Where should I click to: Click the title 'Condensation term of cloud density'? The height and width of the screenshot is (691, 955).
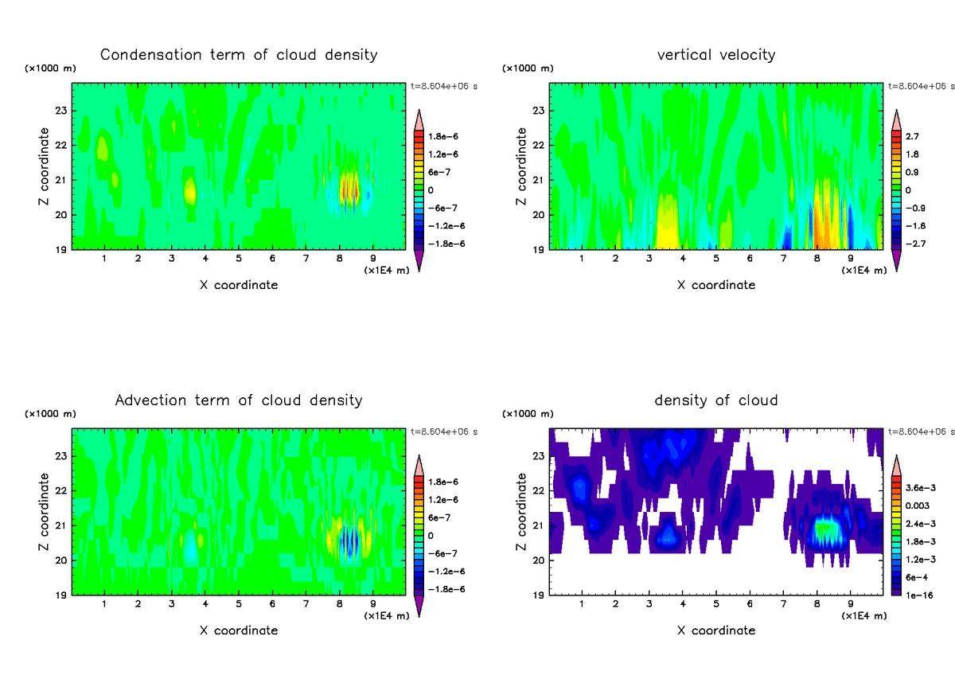click(239, 55)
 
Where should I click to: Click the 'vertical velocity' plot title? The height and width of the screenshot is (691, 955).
click(716, 55)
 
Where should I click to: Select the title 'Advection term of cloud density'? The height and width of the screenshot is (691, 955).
click(239, 400)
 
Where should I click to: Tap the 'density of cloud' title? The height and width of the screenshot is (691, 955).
click(716, 400)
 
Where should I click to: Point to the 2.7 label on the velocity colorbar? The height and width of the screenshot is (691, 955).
click(913, 136)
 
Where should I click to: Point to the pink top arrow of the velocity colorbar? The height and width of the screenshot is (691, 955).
click(896, 119)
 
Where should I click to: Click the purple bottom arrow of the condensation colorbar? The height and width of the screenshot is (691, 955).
click(419, 260)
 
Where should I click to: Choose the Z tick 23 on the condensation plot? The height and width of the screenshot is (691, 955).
click(61, 110)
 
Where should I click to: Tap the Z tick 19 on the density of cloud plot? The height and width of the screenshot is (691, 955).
click(539, 595)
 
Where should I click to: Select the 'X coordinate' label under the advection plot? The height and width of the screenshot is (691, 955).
click(239, 630)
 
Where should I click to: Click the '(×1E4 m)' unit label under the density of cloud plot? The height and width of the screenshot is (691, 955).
click(864, 615)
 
